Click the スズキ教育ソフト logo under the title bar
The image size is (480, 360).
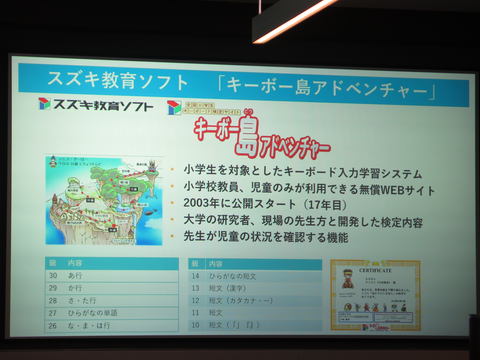point(98,104)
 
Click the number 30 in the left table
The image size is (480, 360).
point(52,273)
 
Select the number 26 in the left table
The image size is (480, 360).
point(52,325)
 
